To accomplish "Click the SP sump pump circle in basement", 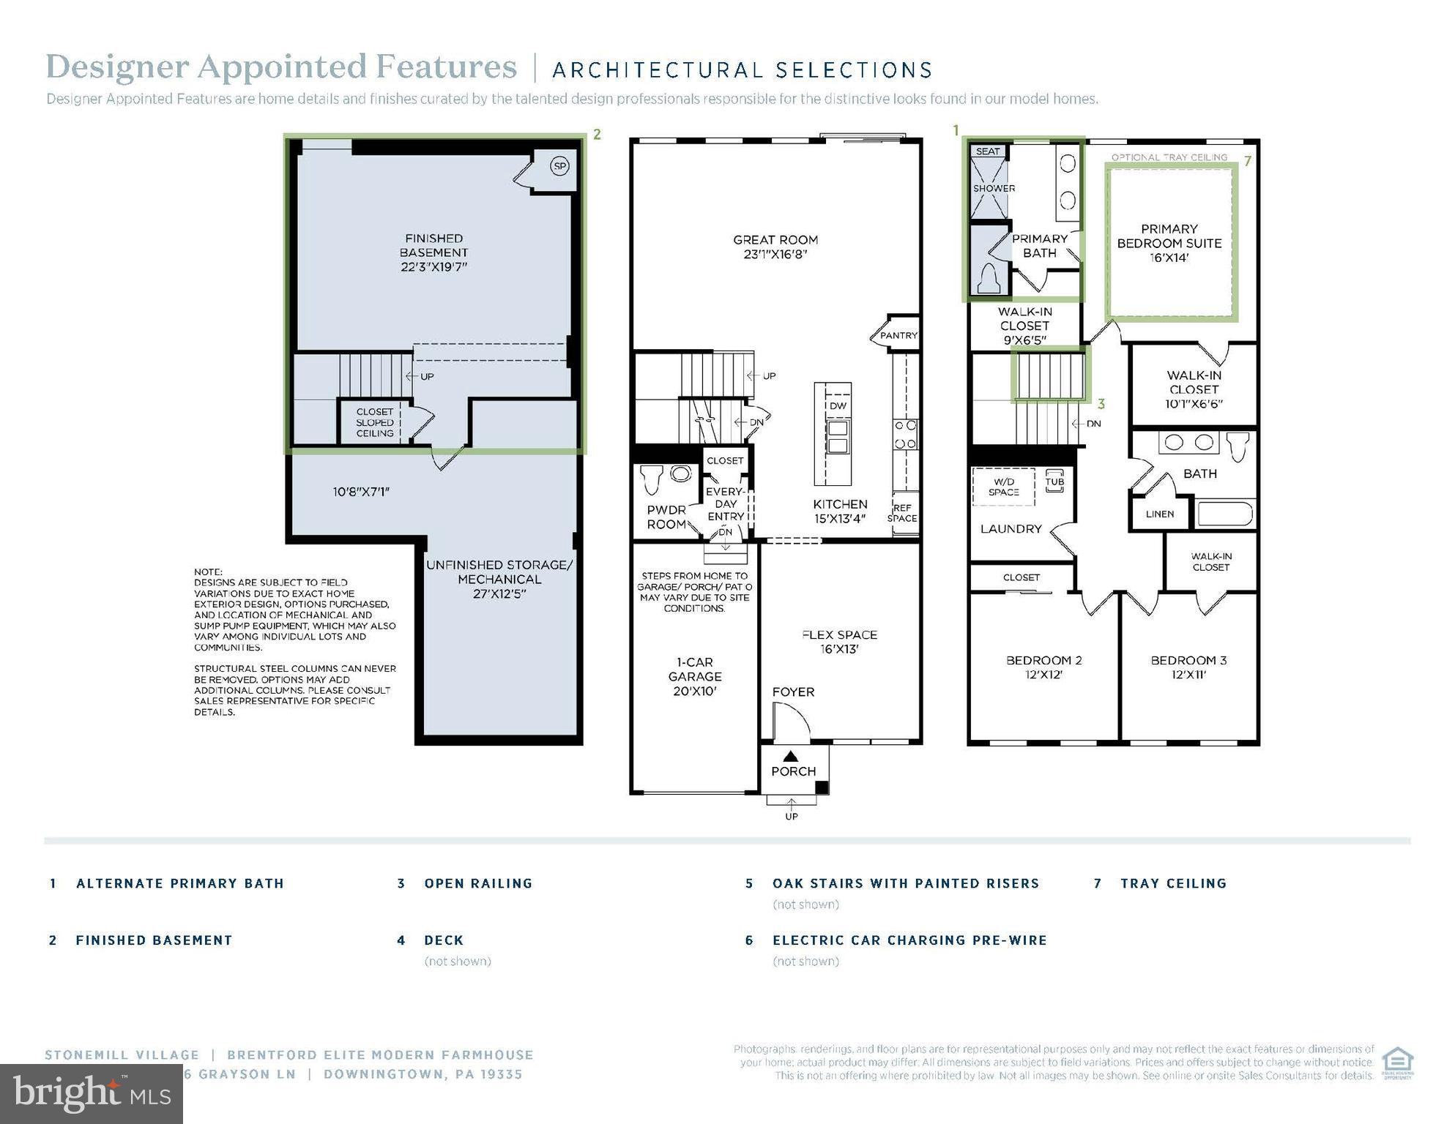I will tap(559, 166).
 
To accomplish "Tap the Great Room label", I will tap(775, 247).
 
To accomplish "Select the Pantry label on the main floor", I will tap(898, 335).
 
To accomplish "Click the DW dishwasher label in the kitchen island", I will tap(837, 405).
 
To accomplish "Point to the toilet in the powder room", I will tap(651, 479).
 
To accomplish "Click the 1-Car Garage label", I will tap(694, 676).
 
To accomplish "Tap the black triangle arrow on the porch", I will tap(790, 756).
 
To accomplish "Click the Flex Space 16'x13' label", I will tap(839, 642).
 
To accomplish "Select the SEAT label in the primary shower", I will tap(987, 151).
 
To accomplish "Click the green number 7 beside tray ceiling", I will tap(1248, 160).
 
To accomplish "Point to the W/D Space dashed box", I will tap(1002, 487).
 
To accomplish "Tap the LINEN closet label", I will tap(1159, 514).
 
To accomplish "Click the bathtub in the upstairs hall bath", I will tap(1225, 514).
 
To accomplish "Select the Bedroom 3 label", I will tap(1188, 667).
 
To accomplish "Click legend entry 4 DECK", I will tap(443, 940).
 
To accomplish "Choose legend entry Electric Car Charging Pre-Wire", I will tap(909, 940).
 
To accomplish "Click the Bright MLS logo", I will tap(91, 1094).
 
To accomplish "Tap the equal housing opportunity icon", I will tap(1397, 1063).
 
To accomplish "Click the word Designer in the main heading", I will tap(117, 67).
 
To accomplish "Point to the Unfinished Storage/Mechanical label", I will tap(499, 579).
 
